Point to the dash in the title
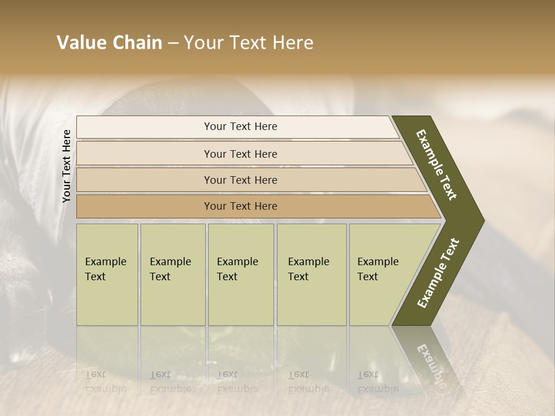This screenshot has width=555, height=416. click(173, 43)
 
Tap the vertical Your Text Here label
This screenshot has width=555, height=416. click(66, 166)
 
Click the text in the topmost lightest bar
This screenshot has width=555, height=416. click(240, 127)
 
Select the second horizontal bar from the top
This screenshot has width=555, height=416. click(240, 154)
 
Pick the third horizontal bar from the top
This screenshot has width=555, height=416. click(240, 180)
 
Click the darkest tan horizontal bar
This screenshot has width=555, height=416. click(240, 206)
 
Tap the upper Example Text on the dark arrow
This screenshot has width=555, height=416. click(436, 165)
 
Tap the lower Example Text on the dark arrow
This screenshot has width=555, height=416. click(438, 273)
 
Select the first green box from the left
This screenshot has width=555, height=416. click(107, 274)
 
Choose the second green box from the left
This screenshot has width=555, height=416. click(172, 274)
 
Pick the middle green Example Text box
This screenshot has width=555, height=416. click(240, 274)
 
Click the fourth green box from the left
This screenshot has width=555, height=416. click(312, 274)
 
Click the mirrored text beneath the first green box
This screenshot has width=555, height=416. click(105, 381)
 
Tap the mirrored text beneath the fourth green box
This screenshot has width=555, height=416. click(308, 381)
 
